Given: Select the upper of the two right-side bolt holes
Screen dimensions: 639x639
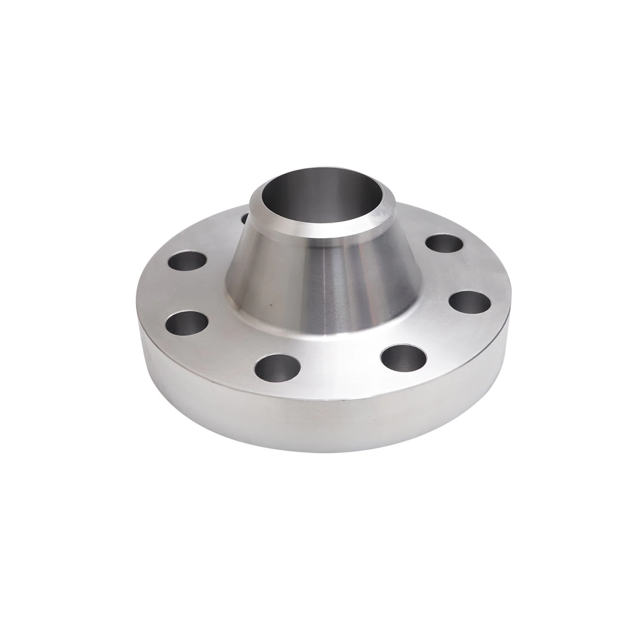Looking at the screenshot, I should [x=444, y=243].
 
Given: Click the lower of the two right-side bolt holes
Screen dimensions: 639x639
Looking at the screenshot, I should [x=470, y=302].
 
